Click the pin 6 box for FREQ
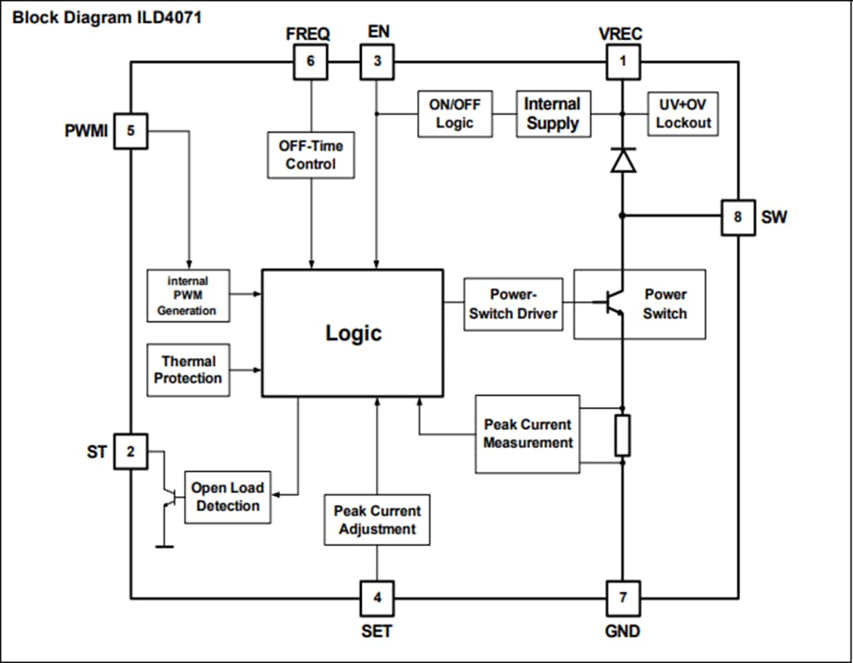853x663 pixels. point(311,62)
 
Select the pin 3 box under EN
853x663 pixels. point(378,62)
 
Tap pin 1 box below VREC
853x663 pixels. point(622,62)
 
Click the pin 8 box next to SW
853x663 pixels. point(738,217)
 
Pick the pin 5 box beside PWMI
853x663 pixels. point(131,131)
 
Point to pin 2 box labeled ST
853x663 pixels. point(131,452)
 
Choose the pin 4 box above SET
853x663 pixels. point(378,598)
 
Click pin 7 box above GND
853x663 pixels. point(622,598)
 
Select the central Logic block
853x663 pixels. point(352,333)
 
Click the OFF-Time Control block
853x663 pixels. point(311,155)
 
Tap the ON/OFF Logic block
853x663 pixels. point(454,114)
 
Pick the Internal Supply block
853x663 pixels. point(553,114)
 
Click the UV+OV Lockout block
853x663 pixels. point(683,114)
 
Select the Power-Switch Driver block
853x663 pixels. point(513,304)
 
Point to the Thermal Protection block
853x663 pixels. point(188,370)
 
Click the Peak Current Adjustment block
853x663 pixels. point(377,520)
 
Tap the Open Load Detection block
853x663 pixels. point(227,497)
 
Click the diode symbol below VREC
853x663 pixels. point(623,160)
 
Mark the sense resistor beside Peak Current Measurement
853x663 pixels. point(622,435)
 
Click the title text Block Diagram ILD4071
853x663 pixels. point(107,17)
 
